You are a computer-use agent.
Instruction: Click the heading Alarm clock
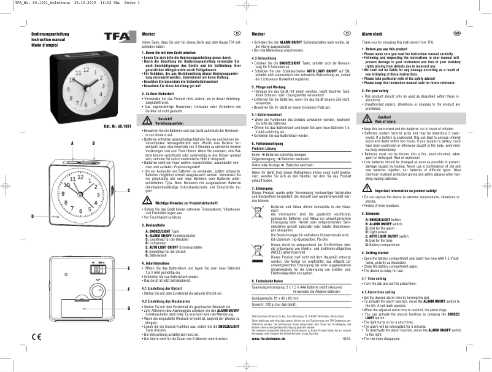[x=374, y=32]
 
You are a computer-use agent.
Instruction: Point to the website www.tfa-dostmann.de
[x=271, y=355]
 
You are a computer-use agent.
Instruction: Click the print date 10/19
[x=346, y=355]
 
